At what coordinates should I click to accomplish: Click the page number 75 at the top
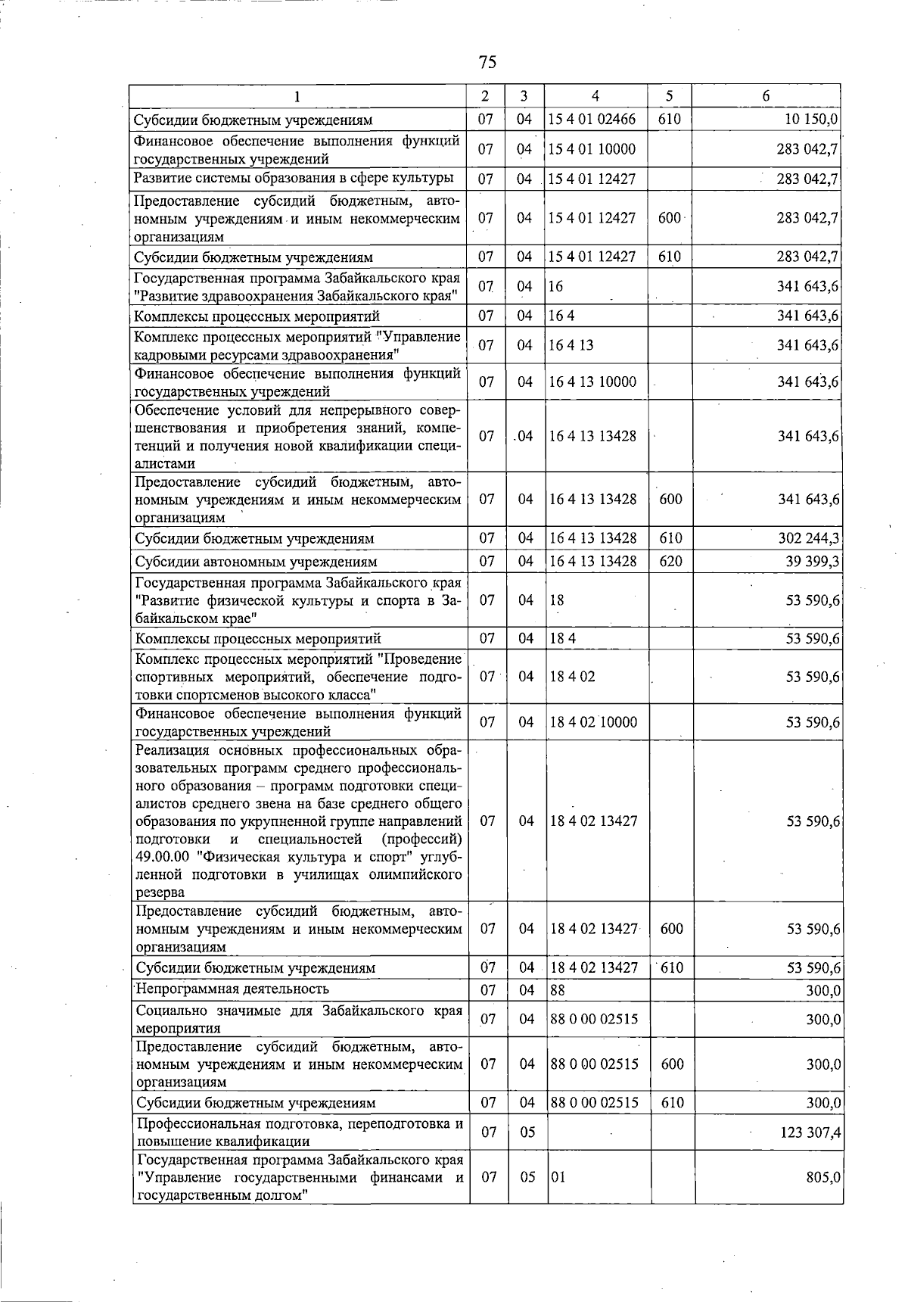(x=487, y=61)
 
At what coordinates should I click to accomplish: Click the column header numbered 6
(x=766, y=96)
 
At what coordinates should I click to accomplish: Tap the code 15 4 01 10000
(x=592, y=149)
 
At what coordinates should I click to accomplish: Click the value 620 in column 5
(x=670, y=562)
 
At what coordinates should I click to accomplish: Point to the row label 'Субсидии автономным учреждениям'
(x=256, y=562)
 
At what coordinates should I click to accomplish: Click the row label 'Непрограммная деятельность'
(x=232, y=989)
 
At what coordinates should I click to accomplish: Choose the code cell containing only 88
(x=558, y=990)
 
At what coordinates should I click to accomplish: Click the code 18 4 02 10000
(x=593, y=722)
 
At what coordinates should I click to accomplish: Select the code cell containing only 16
(x=557, y=287)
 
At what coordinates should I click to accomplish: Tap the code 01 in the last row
(x=558, y=1177)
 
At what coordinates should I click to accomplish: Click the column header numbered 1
(x=297, y=96)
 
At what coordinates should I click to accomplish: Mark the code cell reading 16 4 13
(x=571, y=345)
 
